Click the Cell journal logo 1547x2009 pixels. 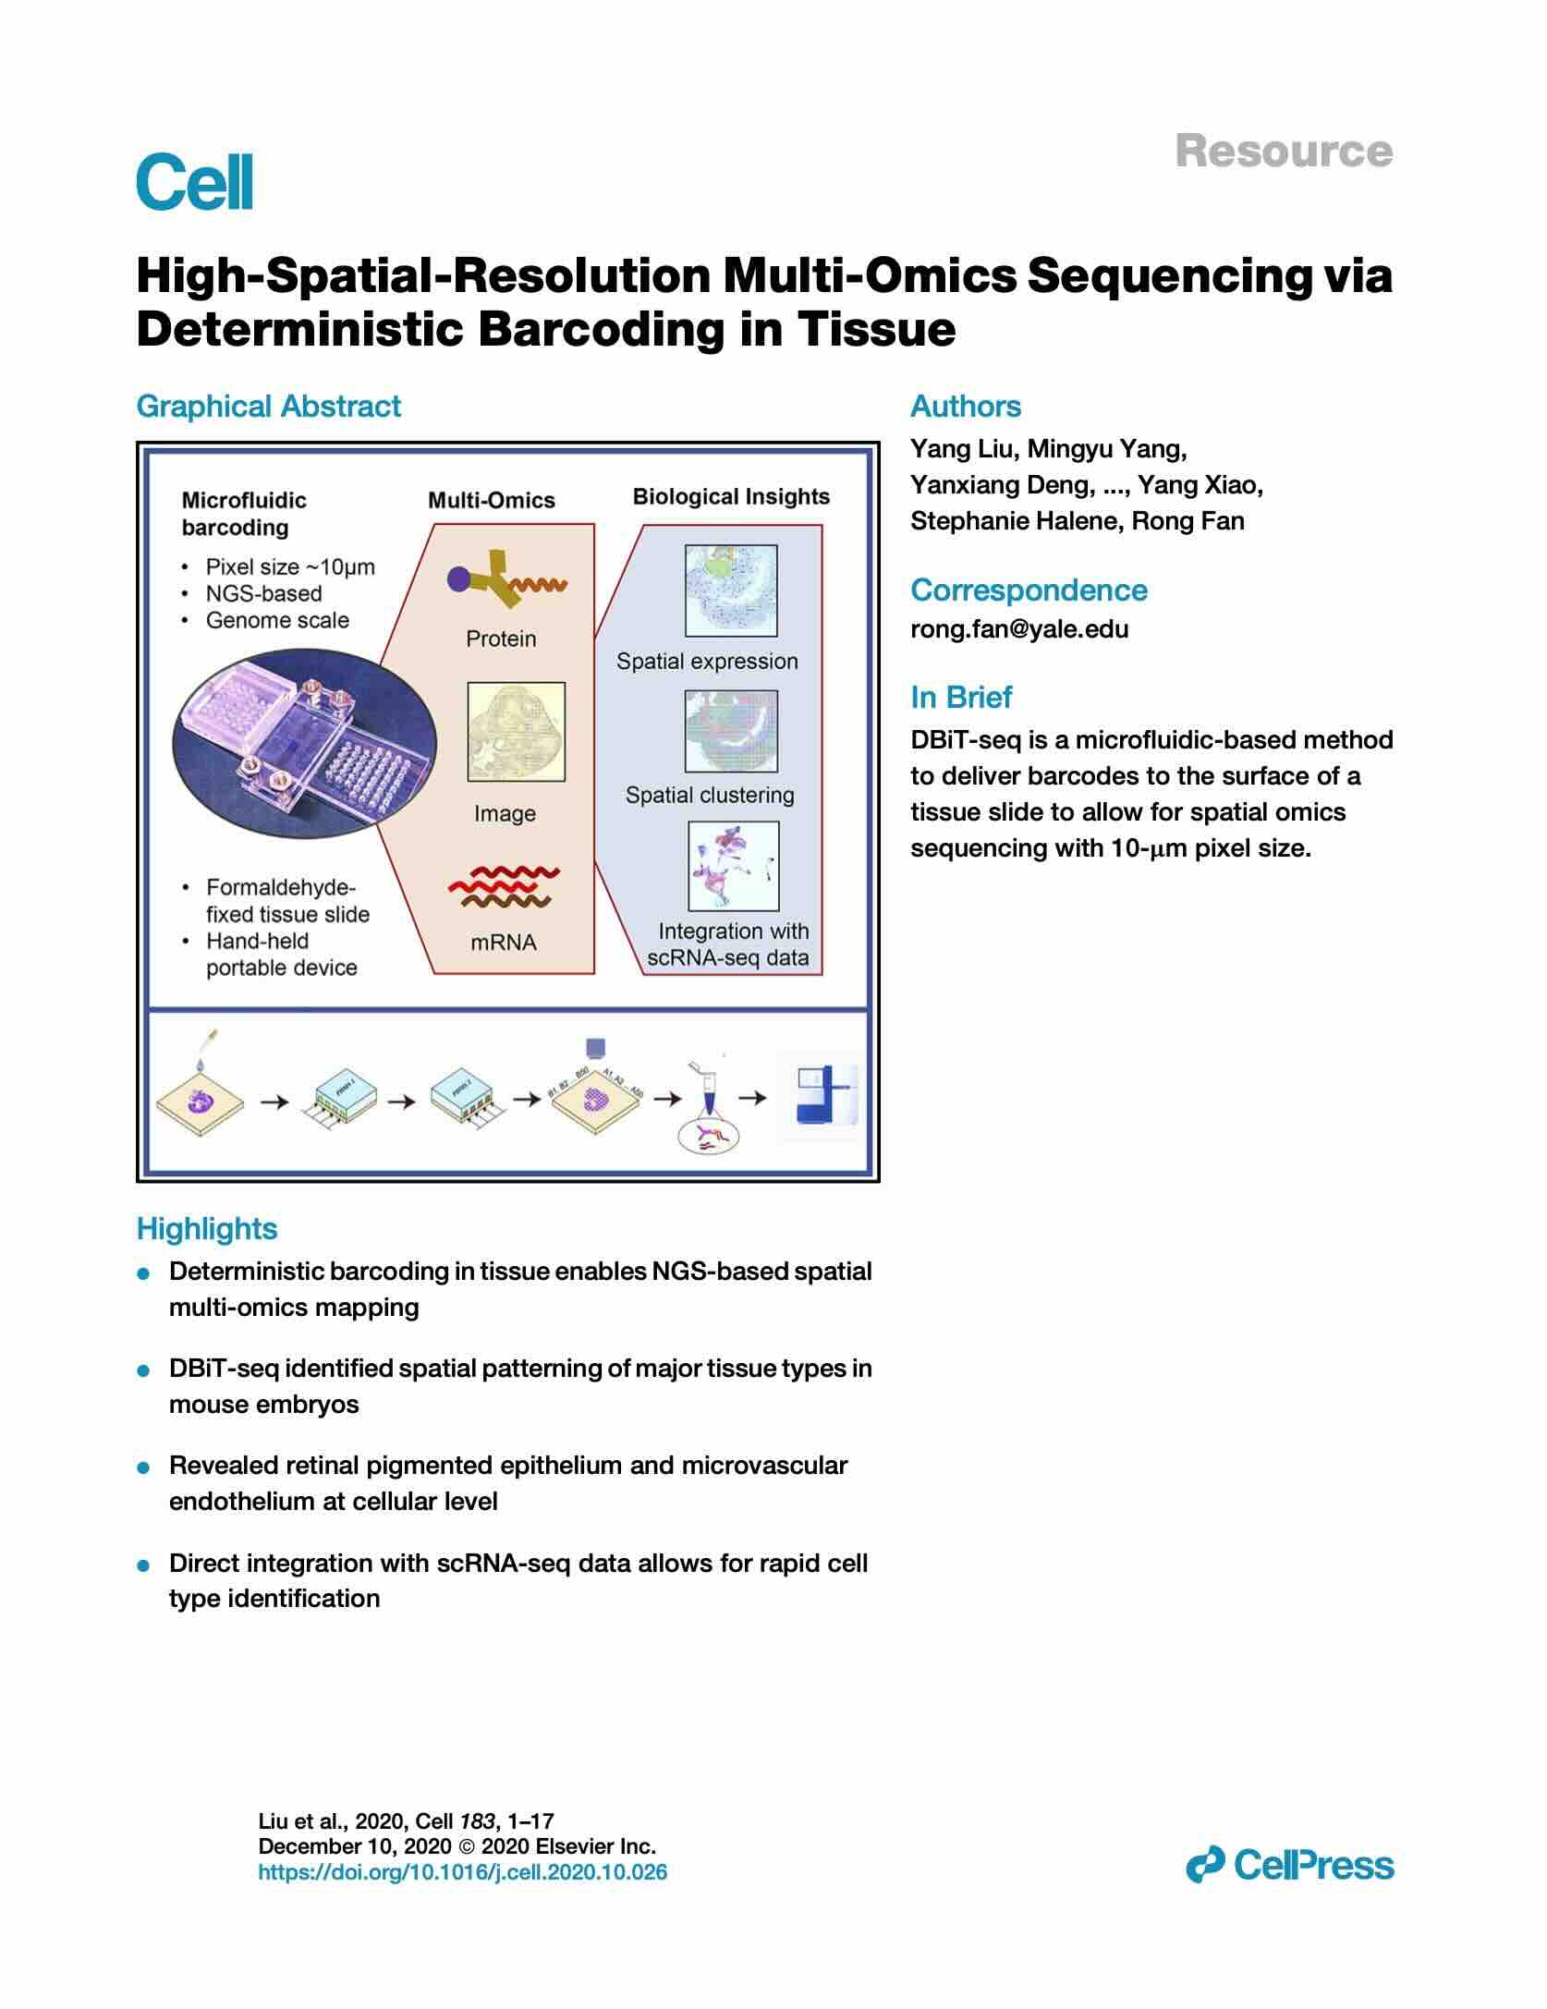(x=195, y=182)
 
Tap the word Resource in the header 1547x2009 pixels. (x=1284, y=152)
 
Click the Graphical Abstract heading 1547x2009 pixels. (x=268, y=407)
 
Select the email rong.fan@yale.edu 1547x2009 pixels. (x=1019, y=629)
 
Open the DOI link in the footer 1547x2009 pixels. (x=462, y=1872)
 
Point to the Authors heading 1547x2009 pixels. (x=966, y=407)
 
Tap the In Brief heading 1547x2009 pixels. (x=960, y=697)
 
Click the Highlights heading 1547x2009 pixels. (x=207, y=1229)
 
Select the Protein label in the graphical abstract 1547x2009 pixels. (x=501, y=639)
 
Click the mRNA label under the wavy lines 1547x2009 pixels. (x=504, y=943)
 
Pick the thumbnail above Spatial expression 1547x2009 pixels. (x=730, y=591)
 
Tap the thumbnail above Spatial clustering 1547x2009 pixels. (x=730, y=731)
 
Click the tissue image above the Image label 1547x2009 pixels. (x=516, y=732)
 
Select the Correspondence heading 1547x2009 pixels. (x=1029, y=591)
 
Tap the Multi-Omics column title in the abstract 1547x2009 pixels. (x=491, y=501)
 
